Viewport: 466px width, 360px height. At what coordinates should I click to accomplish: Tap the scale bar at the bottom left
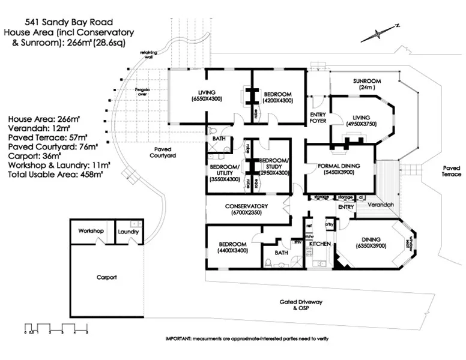(x=56, y=328)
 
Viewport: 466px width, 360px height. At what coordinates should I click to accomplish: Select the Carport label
(x=106, y=277)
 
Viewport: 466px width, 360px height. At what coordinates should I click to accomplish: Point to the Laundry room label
(x=128, y=231)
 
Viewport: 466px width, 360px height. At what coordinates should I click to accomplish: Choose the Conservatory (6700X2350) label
(x=246, y=209)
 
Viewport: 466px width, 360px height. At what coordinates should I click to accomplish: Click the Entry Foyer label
(x=318, y=118)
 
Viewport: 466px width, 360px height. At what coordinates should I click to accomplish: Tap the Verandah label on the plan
(x=381, y=205)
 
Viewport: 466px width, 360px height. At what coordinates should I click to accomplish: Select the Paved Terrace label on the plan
(x=451, y=172)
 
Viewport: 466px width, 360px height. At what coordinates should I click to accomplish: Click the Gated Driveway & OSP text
(x=300, y=305)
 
